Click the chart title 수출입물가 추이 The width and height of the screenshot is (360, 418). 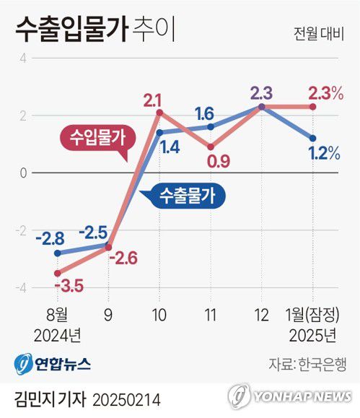click(x=94, y=31)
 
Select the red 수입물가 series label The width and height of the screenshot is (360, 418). click(x=92, y=137)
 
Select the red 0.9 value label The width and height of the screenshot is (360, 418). click(x=217, y=161)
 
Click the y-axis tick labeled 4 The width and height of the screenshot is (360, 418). click(x=23, y=58)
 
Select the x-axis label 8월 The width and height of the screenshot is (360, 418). click(x=56, y=315)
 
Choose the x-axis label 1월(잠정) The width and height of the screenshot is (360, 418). click(x=311, y=315)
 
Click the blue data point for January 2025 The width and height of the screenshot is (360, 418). click(x=312, y=138)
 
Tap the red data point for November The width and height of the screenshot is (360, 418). click(x=210, y=147)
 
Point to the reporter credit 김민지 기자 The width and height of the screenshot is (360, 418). click(x=46, y=399)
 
